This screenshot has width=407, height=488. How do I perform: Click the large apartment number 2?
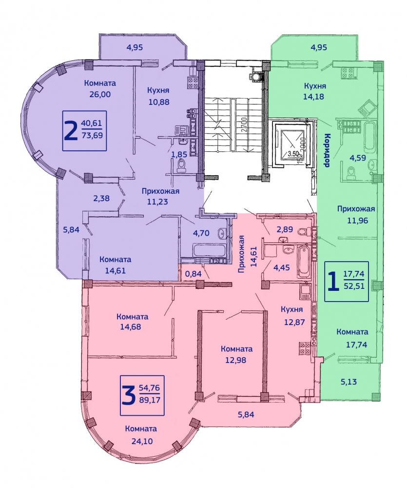click(70, 131)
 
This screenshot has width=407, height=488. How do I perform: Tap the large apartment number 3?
click(128, 395)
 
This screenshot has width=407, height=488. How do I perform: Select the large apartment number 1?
click(333, 281)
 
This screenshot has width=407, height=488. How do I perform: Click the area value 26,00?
click(100, 94)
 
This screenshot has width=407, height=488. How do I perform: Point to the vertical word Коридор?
click(327, 150)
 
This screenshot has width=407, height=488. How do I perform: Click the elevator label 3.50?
click(293, 153)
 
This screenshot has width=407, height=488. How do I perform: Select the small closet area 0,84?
click(194, 274)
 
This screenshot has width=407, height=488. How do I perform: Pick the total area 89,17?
click(150, 400)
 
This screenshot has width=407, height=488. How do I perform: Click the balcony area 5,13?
click(349, 382)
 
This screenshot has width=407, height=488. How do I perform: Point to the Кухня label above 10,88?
click(158, 90)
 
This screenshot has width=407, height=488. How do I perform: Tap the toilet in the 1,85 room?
click(181, 166)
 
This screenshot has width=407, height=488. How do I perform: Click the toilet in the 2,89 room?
click(303, 231)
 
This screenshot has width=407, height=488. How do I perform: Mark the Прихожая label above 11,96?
click(356, 209)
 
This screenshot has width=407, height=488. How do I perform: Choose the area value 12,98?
click(236, 360)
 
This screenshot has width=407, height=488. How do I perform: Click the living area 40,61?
click(92, 123)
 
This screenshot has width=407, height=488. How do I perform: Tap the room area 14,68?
click(131, 327)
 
